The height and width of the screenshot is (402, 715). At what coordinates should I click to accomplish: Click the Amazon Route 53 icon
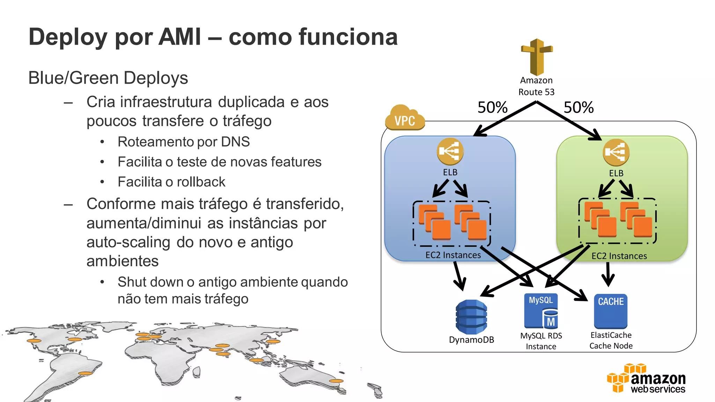click(x=537, y=57)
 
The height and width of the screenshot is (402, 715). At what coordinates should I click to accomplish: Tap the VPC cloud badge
click(x=405, y=119)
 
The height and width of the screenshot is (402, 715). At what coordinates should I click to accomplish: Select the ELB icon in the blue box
click(x=450, y=151)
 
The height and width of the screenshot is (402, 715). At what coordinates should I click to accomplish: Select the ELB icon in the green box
click(x=616, y=152)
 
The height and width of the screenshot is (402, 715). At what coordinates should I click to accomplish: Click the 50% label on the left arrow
click(x=492, y=107)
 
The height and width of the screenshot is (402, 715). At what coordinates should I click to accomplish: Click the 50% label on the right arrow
click(x=578, y=107)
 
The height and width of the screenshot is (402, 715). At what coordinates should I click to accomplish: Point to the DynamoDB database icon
click(x=471, y=317)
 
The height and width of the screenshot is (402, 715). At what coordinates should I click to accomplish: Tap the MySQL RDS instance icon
click(x=541, y=311)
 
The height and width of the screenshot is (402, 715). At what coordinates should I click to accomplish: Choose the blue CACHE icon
click(x=611, y=311)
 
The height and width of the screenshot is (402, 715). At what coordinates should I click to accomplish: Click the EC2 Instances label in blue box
click(x=453, y=255)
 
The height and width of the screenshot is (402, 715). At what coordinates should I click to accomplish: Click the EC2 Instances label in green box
click(x=619, y=256)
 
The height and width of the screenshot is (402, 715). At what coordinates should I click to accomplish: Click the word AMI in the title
click(x=179, y=37)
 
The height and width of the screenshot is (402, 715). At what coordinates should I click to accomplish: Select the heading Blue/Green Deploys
click(x=108, y=78)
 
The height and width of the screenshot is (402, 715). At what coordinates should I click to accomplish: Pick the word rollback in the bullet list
click(x=201, y=182)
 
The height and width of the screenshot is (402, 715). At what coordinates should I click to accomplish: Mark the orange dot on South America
click(x=85, y=373)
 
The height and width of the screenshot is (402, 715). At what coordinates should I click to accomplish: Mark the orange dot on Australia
click(x=336, y=381)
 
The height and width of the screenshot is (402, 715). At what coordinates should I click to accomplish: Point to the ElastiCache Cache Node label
click(x=611, y=340)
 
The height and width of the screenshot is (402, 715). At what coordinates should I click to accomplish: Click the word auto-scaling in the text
click(x=128, y=242)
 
